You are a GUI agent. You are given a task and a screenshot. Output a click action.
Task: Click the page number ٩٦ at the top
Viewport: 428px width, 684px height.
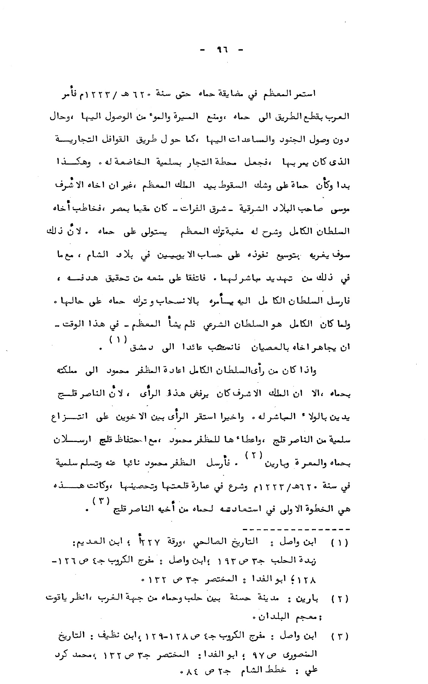click(x=220, y=49)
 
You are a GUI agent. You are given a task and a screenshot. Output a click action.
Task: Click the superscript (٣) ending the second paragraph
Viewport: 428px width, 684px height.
click(x=102, y=500)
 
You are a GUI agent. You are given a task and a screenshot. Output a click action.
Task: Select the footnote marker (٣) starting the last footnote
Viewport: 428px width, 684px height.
click(x=341, y=635)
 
